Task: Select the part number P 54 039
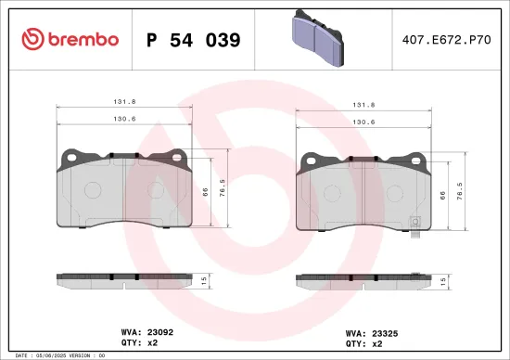194,40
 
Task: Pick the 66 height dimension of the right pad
442,196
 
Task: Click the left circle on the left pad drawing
93,188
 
